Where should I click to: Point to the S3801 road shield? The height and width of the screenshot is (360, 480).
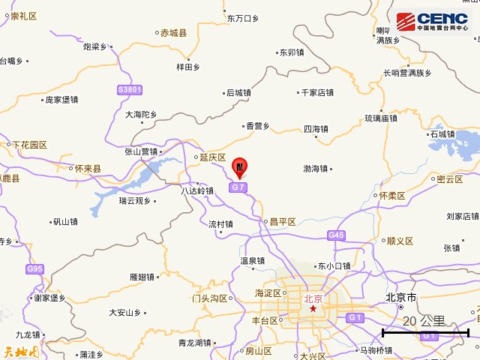pyautogui.click(x=130, y=90)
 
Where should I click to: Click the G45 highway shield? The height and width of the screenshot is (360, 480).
pyautogui.click(x=336, y=235)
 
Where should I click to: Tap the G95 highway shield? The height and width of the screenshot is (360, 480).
pyautogui.click(x=34, y=268)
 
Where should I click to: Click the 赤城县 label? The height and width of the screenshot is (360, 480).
pyautogui.click(x=172, y=32)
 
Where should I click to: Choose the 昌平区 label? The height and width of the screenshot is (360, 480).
pyautogui.click(x=283, y=222)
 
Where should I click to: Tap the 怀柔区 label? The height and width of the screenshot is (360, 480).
pyautogui.click(x=391, y=196)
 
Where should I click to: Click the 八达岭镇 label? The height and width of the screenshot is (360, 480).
pyautogui.click(x=197, y=191)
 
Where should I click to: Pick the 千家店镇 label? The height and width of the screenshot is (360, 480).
pyautogui.click(x=316, y=93)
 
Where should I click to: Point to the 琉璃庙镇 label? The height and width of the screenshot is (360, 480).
pyautogui.click(x=381, y=118)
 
